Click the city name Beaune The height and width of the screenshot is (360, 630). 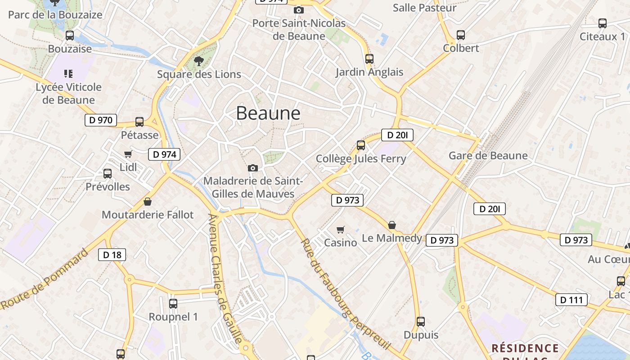tap(268, 113)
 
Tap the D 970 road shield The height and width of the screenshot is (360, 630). tap(101, 120)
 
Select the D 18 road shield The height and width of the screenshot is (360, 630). tap(112, 255)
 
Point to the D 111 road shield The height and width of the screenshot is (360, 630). tap(571, 300)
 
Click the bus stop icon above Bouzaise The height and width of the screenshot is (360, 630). tap(70, 36)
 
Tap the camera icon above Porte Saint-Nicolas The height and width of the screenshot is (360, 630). tap(298, 10)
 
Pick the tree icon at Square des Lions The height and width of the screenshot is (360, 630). tap(198, 61)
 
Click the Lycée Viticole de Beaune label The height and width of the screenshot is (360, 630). tap(68, 93)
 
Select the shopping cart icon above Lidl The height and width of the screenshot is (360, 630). tap(128, 154)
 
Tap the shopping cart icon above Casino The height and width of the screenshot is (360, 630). tap(341, 229)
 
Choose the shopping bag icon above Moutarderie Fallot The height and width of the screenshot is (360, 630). tap(147, 202)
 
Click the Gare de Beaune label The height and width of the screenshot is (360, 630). tap(488, 156)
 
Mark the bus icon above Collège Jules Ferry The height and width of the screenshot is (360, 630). tap(361, 145)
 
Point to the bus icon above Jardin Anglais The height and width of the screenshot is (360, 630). tap(369, 58)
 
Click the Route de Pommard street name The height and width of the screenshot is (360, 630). tap(45, 279)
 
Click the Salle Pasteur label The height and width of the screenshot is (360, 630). tap(424, 8)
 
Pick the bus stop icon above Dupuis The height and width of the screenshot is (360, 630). tap(421, 322)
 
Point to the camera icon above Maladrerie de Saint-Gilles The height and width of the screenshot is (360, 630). tap(253, 168)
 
